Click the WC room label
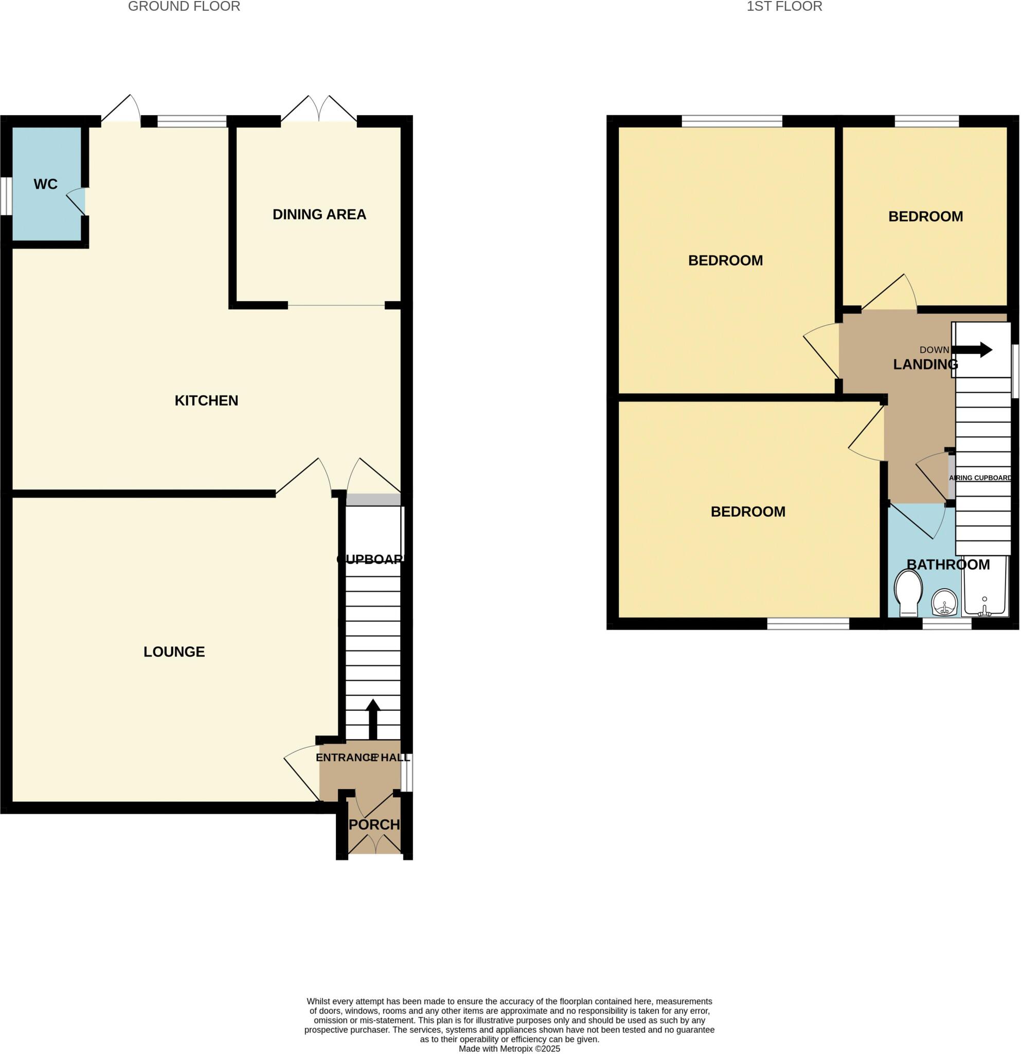45,184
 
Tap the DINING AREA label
319,215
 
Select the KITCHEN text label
206,400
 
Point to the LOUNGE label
174,652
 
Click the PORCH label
374,824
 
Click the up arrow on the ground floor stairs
373,718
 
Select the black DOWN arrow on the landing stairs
973,350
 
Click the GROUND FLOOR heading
184,7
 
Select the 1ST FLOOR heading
784,7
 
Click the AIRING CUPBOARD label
980,478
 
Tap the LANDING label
925,364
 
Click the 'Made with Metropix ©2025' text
509,1048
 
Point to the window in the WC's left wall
6,196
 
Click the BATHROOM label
948,565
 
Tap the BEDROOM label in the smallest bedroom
925,217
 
